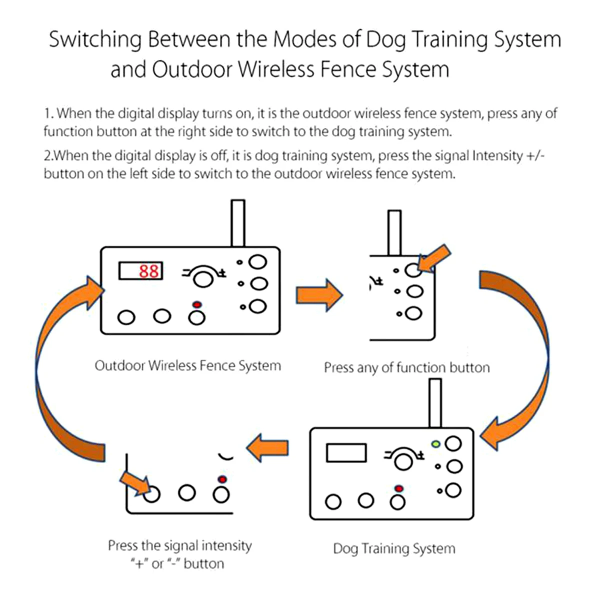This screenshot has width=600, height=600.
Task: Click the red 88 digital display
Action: coord(140,270)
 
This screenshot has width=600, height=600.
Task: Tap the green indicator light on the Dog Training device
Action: coord(436,444)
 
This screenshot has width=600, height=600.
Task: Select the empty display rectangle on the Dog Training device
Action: coord(346,452)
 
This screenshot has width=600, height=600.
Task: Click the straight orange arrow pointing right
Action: coord(319,295)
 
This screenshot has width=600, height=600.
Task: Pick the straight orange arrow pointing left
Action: coord(267,447)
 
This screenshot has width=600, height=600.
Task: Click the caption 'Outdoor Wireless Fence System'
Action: coord(188,365)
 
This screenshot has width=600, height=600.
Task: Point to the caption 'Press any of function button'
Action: coord(407,367)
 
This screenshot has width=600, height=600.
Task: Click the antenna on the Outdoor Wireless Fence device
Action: coord(238,223)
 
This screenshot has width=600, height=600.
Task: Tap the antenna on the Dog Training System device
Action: coord(435,403)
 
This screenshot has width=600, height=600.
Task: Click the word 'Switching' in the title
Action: coord(95,40)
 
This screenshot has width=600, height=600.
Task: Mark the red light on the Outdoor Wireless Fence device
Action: coord(197,304)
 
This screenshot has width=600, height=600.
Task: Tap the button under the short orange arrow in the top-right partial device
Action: coord(413,270)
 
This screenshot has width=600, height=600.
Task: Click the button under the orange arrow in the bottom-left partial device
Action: coord(151,494)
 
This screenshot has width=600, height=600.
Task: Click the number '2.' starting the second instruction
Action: coord(48,155)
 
